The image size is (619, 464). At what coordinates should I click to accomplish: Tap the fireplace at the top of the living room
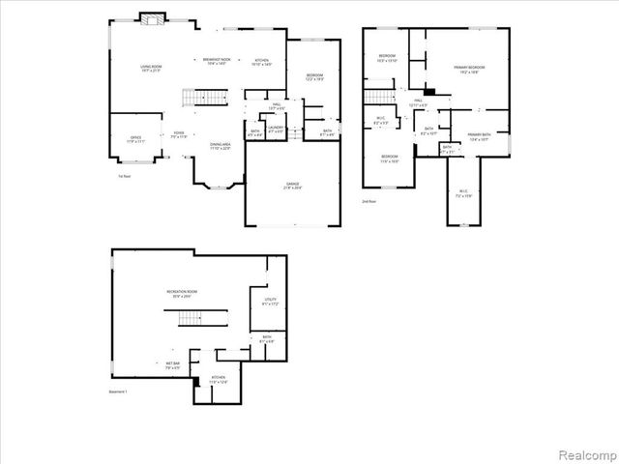(x=151, y=18)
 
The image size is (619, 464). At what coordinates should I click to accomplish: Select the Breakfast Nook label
(x=217, y=61)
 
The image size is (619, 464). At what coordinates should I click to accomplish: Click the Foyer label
(x=179, y=134)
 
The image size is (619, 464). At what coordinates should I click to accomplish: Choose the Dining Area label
(x=221, y=146)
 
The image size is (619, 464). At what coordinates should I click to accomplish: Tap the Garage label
(x=292, y=185)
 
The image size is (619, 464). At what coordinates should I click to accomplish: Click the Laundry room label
(x=276, y=129)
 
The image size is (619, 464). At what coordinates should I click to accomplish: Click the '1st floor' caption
(x=124, y=177)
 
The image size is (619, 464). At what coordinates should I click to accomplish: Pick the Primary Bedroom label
(x=469, y=69)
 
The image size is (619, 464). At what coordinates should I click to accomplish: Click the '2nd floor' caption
(x=368, y=201)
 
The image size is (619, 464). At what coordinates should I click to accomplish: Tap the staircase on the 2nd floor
(x=380, y=96)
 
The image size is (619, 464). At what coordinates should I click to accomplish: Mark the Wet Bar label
(x=171, y=364)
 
